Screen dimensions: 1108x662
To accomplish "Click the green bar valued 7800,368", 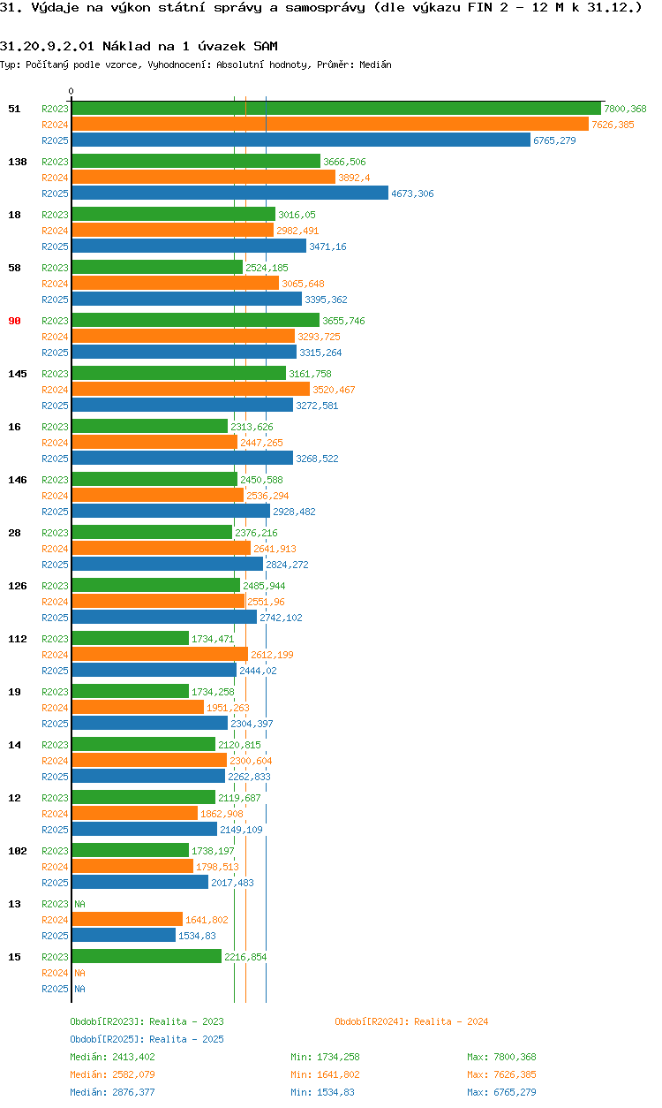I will pyautogui.click(x=335, y=109).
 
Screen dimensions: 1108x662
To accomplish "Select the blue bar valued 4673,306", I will pyautogui.click(x=229, y=194).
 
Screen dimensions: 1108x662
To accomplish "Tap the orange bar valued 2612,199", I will pyautogui.click(x=160, y=655).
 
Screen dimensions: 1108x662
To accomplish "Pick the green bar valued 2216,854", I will pyautogui.click(x=147, y=957).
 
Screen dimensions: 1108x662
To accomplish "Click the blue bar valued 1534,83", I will pyautogui.click(x=124, y=936).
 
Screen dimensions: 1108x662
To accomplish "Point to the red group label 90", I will pyautogui.click(x=14, y=321).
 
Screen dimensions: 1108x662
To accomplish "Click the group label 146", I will pyautogui.click(x=17, y=480).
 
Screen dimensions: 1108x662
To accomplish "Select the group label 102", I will pyautogui.click(x=17, y=851).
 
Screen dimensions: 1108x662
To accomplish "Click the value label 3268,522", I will pyautogui.click(x=317, y=459).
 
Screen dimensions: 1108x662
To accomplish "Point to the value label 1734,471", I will pyautogui.click(x=213, y=639).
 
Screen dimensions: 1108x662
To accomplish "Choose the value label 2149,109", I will pyautogui.click(x=241, y=830).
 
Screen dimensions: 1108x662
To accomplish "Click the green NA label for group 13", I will pyautogui.click(x=79, y=904).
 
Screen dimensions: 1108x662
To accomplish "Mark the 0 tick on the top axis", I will pyautogui.click(x=71, y=91).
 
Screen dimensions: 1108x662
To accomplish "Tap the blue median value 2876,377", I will pyautogui.click(x=132, y=1092).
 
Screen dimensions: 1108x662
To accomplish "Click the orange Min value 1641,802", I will pyautogui.click(x=336, y=1074).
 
